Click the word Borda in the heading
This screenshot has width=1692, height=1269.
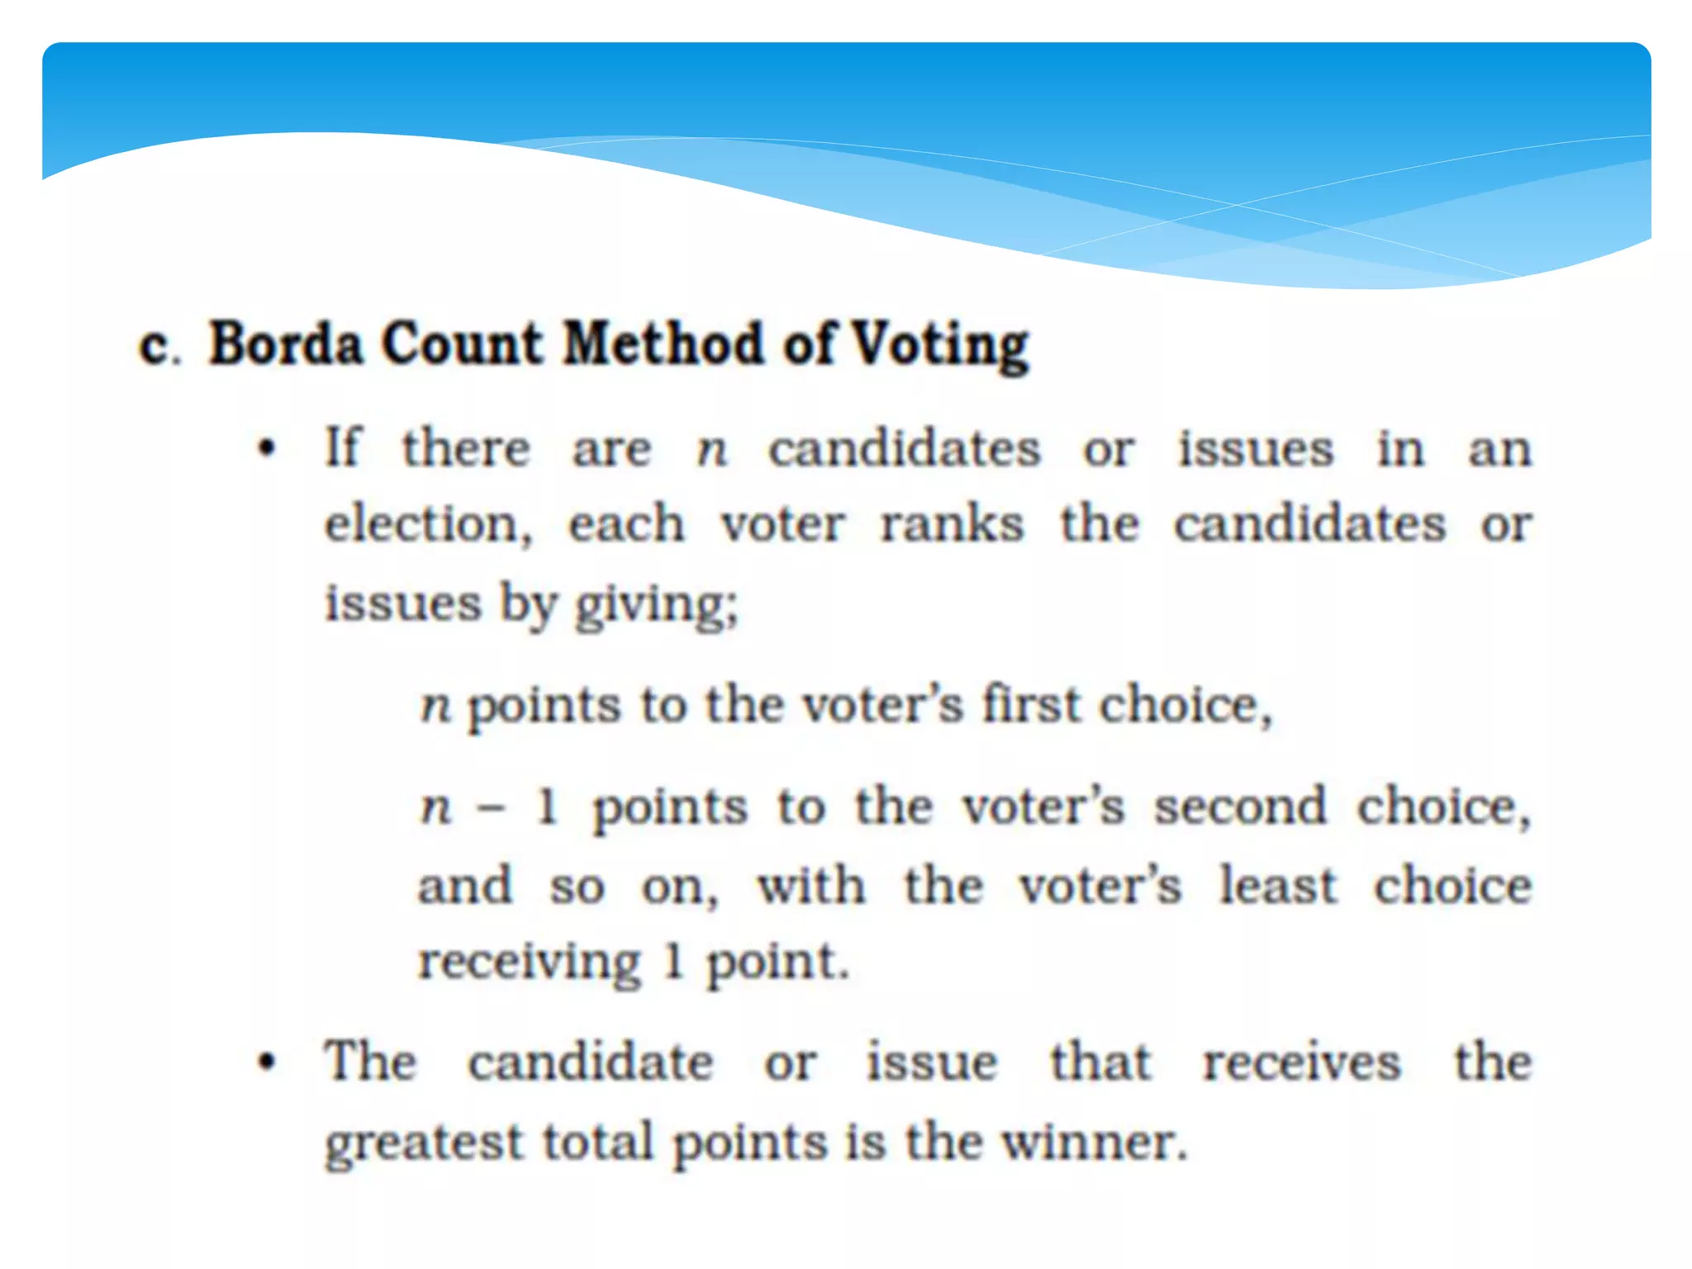click(x=285, y=343)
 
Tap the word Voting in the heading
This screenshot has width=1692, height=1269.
click(x=940, y=345)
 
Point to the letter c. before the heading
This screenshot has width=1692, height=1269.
click(x=157, y=345)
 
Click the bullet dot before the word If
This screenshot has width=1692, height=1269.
click(x=266, y=450)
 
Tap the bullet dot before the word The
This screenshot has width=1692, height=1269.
click(x=266, y=1062)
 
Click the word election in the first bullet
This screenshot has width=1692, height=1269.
click(x=428, y=525)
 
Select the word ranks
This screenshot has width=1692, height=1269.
click(x=952, y=525)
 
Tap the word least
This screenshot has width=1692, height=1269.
click(x=1278, y=886)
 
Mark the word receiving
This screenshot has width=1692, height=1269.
click(x=530, y=963)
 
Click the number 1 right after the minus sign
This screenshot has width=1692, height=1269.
click(x=548, y=807)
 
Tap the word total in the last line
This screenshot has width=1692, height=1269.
click(x=597, y=1143)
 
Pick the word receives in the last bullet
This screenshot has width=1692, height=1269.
click(x=1301, y=1063)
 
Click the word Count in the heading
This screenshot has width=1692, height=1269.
click(x=462, y=343)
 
